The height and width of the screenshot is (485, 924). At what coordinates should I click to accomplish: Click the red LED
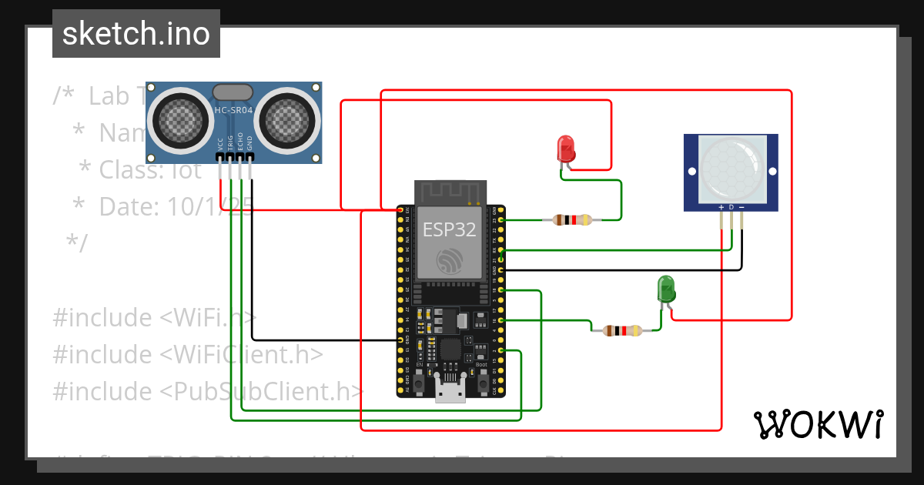566,149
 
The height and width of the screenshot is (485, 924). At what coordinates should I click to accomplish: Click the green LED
666,289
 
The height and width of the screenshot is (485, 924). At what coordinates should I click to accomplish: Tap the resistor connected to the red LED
571,220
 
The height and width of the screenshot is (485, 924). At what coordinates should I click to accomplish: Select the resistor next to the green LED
621,331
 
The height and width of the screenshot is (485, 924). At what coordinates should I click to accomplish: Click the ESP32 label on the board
449,229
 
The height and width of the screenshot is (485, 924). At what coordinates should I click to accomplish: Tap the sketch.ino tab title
136,34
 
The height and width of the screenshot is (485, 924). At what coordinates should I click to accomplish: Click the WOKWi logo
818,424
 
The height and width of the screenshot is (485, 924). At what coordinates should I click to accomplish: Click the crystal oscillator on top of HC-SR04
232,92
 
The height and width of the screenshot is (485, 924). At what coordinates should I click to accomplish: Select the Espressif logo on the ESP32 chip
449,260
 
